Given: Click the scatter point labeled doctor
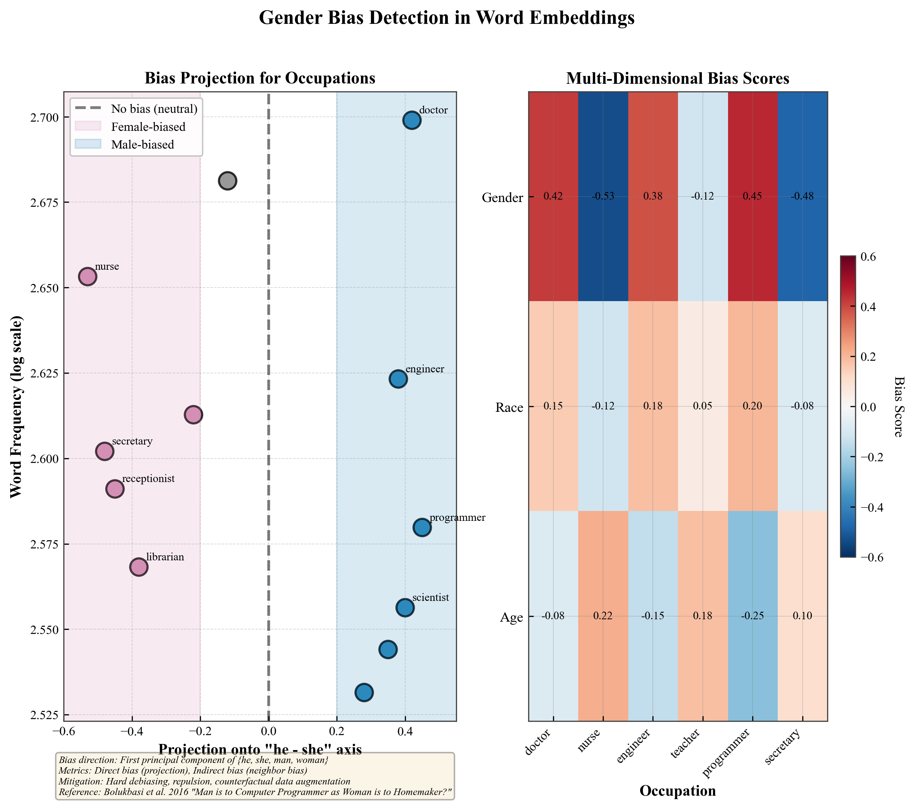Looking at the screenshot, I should (411, 121).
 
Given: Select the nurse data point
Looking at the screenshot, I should (88, 276).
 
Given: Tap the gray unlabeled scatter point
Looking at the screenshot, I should (227, 181).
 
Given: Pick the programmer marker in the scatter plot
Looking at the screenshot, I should (422, 527).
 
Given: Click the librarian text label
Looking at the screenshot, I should (165, 557).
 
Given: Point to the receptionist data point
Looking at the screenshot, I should (115, 489).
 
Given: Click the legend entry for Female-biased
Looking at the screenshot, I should (148, 127).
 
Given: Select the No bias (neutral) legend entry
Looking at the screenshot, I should (154, 109).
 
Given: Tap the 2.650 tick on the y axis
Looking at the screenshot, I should (45, 288).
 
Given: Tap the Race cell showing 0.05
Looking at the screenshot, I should (703, 406).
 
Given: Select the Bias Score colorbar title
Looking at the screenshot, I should (898, 406).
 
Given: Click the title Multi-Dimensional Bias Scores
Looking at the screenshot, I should (677, 79).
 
